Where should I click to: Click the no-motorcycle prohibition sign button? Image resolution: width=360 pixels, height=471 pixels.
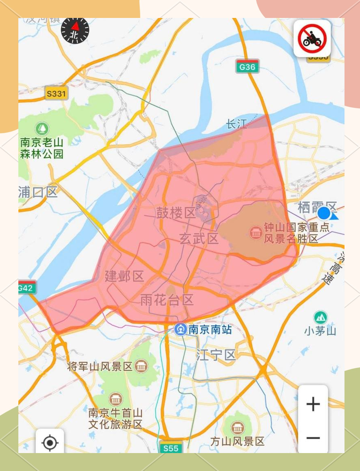(x=312, y=38)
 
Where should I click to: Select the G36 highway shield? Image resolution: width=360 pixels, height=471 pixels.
(x=247, y=66)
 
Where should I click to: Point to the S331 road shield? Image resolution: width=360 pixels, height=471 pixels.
(x=56, y=94)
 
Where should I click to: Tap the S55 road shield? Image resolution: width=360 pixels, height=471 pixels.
(x=170, y=448)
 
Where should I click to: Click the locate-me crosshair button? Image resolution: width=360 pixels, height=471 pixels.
(x=50, y=442)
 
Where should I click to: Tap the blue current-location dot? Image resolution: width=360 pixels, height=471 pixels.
(x=325, y=213)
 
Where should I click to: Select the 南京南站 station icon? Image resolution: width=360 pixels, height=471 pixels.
(x=180, y=329)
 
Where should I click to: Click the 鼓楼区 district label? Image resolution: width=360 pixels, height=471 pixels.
(x=176, y=212)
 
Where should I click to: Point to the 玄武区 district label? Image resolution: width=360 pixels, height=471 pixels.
(x=199, y=239)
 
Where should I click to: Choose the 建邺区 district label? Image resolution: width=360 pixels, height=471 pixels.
(x=124, y=276)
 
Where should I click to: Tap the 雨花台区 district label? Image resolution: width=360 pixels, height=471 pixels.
(x=167, y=301)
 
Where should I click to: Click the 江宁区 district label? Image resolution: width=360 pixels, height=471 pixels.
(x=216, y=355)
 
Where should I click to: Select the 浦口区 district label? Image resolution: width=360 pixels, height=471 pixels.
(x=38, y=192)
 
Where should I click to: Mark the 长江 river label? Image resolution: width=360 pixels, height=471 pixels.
(x=236, y=124)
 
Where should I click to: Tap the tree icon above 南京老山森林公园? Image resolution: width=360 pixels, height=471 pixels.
(x=42, y=129)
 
